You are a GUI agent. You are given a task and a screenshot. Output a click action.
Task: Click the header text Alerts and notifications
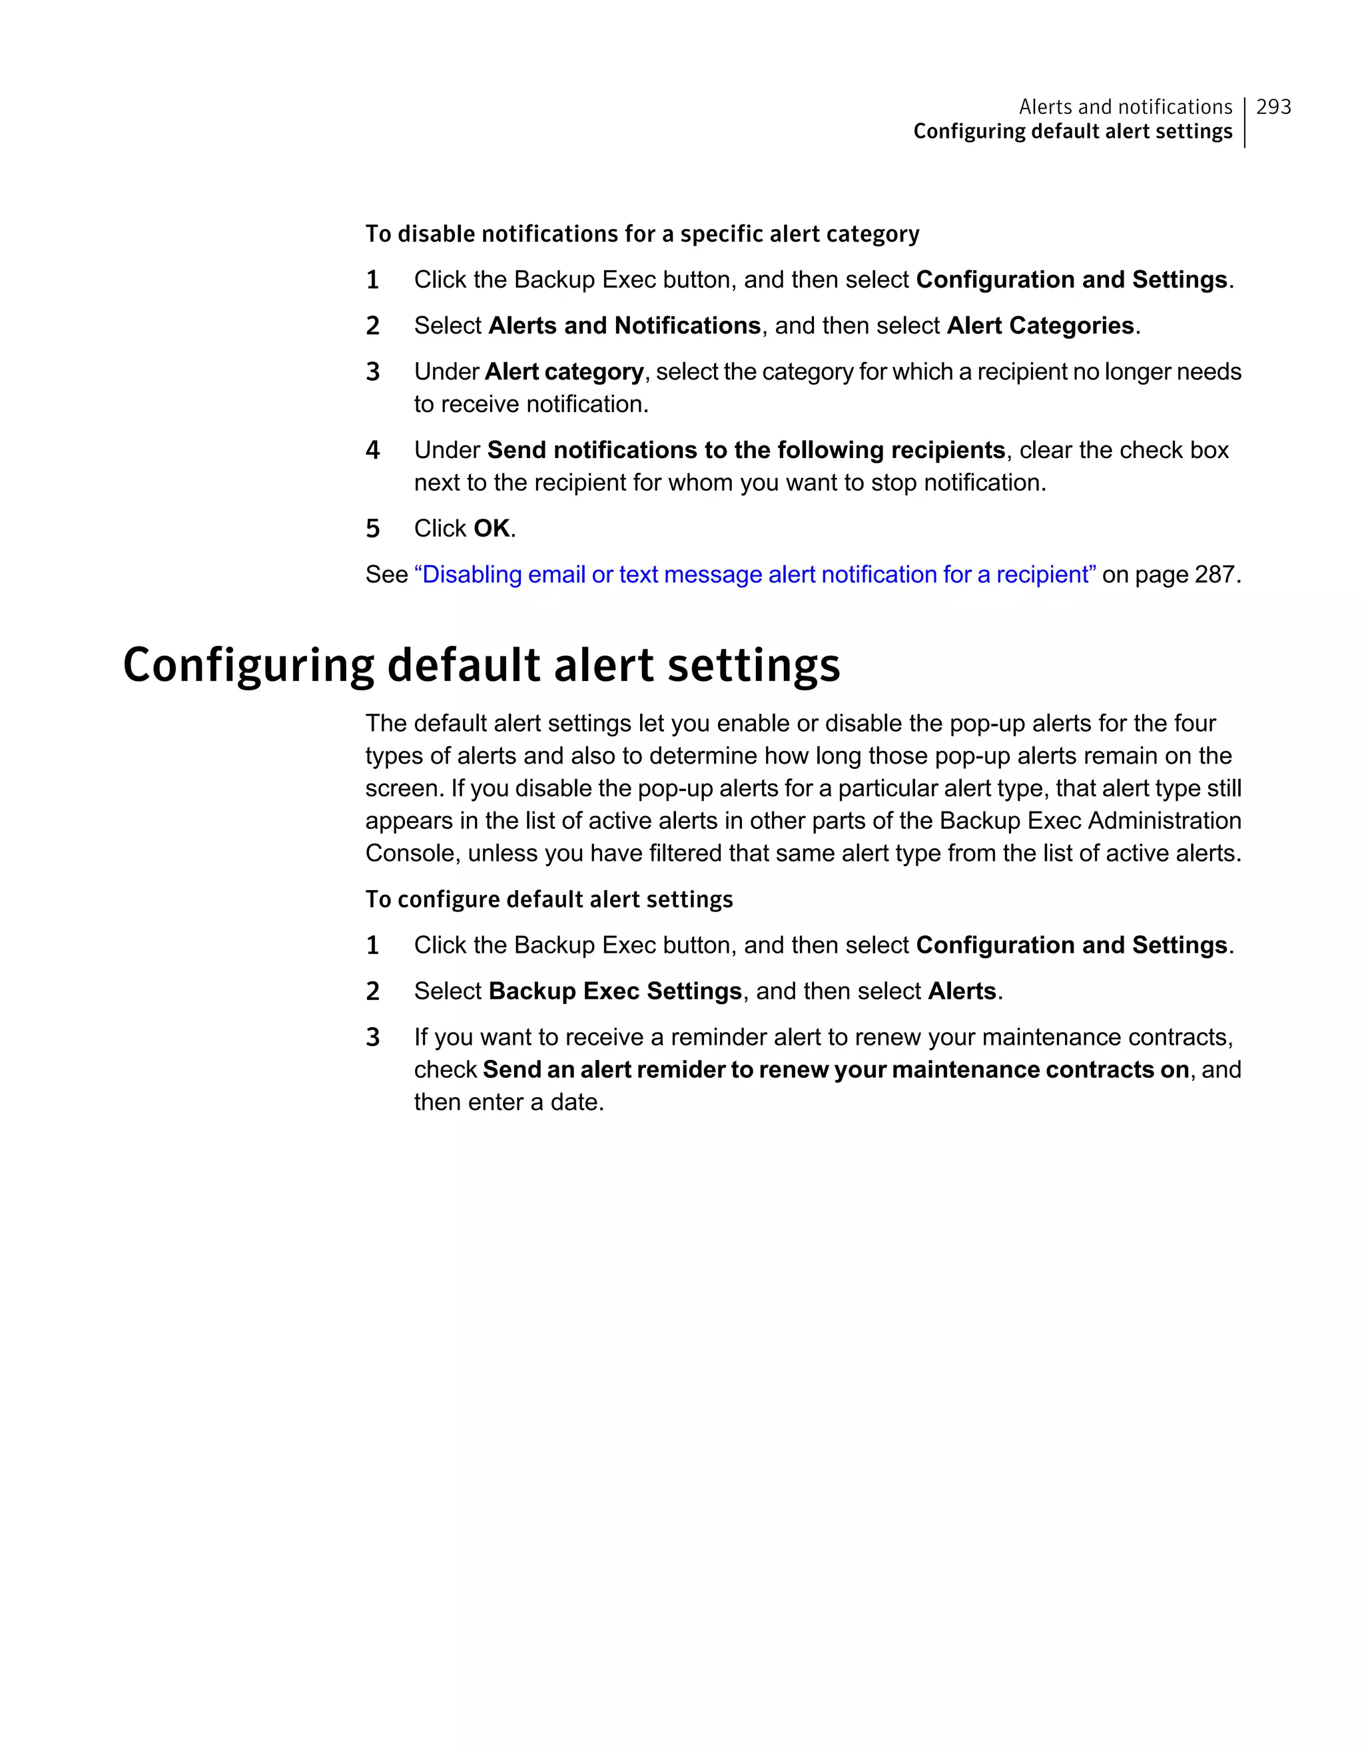1125,107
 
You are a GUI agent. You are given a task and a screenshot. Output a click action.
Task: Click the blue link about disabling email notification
755,575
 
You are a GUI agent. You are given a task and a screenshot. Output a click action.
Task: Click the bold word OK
492,529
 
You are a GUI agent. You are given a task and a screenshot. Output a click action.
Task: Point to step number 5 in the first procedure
372,529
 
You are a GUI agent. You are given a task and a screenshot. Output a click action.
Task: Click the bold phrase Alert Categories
1040,326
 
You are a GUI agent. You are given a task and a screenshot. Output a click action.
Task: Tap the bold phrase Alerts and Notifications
624,326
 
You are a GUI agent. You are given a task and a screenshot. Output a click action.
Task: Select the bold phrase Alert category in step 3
563,372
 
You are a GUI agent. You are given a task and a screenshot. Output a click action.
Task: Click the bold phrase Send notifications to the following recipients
746,450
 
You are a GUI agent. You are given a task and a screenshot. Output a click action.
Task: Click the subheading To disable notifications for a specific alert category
641,234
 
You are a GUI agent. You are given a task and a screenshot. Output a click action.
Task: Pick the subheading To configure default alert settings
549,899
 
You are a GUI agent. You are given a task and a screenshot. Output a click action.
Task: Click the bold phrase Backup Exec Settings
614,991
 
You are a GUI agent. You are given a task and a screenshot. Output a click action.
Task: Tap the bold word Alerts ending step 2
961,991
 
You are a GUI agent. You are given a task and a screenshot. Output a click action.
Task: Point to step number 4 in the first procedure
372,450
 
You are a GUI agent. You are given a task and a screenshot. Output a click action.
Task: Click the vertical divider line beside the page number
1244,122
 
